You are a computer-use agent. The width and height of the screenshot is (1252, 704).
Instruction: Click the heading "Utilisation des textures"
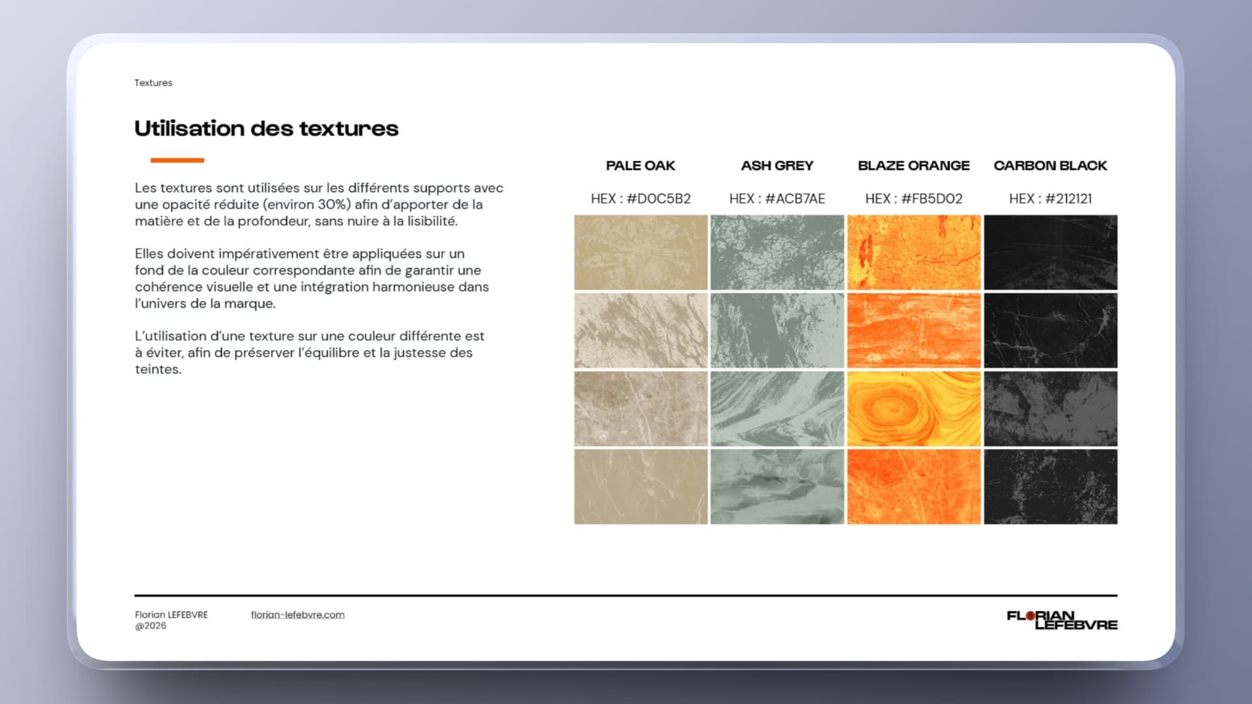coord(266,128)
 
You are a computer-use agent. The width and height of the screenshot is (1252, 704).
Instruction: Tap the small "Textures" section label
coord(153,83)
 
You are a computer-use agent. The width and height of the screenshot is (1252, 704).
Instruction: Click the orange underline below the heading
coord(177,160)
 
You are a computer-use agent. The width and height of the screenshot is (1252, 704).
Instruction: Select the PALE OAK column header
coord(640,166)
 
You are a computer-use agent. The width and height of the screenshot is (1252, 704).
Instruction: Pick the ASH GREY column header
coord(777,166)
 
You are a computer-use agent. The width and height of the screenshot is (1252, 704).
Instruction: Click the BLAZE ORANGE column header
coord(914,166)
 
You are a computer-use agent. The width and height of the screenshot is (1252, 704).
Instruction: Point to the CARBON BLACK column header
coord(1050,166)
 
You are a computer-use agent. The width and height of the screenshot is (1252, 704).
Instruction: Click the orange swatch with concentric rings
coord(914,409)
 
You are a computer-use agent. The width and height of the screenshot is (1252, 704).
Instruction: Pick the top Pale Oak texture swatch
coord(640,252)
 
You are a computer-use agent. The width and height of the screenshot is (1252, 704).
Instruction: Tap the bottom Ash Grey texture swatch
coord(777,486)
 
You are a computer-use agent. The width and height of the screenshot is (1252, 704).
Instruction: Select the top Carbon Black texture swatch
coord(1050,252)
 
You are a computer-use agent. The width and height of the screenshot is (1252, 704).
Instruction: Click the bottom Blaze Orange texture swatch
coord(914,486)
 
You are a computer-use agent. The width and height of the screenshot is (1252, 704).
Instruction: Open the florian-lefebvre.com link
coord(297,615)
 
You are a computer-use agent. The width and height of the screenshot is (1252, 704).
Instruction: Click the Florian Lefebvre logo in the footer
coord(1062,620)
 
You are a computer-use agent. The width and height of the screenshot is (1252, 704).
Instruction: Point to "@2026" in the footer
coord(151,626)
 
